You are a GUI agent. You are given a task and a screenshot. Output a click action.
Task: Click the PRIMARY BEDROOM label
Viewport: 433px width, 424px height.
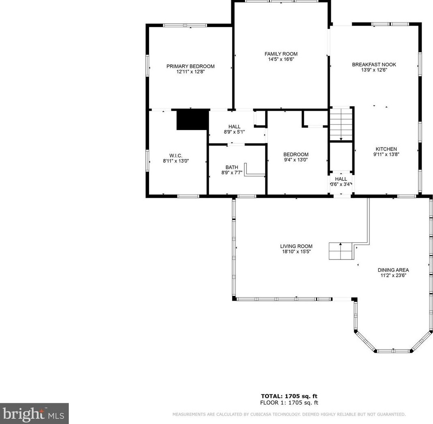(190, 66)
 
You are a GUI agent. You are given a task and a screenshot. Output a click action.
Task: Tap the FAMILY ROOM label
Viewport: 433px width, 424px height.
(281, 54)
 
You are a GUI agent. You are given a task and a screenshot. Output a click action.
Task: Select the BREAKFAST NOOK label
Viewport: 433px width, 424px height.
(374, 65)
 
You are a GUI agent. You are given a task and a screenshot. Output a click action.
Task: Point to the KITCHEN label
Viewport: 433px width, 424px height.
(386, 149)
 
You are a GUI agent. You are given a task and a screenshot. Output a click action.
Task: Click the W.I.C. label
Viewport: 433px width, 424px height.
(176, 156)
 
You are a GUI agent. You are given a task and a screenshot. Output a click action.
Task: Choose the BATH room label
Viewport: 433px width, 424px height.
(232, 167)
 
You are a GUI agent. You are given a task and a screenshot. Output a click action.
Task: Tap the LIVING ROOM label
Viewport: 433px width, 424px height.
(296, 246)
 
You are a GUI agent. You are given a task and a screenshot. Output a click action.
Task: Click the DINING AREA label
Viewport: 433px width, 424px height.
(393, 270)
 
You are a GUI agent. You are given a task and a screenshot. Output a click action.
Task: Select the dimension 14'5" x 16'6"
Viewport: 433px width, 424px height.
(281, 59)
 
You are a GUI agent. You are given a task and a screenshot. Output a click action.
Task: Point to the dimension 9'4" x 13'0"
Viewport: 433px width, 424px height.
(296, 160)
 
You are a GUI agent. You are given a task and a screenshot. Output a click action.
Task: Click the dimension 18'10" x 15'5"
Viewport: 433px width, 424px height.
(296, 252)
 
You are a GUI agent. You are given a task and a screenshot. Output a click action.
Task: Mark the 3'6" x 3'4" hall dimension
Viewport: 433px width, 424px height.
(341, 184)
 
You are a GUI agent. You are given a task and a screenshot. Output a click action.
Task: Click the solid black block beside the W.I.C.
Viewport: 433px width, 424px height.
(192, 120)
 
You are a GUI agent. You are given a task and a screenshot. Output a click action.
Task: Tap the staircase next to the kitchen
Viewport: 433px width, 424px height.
(341, 124)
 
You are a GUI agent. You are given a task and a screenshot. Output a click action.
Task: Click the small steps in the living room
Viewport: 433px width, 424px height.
(341, 251)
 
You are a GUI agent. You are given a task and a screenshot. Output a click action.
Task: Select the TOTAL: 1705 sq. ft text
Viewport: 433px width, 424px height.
(289, 396)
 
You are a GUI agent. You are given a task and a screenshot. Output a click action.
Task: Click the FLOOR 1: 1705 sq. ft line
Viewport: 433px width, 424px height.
(289, 403)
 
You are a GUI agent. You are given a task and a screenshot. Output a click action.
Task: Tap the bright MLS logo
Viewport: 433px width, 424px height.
(34, 413)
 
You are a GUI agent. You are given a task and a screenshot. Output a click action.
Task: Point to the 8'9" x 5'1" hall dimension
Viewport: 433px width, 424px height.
(234, 132)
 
